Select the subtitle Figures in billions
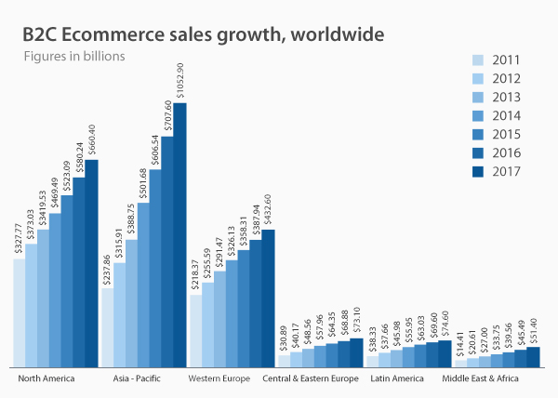(73, 57)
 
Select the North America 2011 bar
(20, 312)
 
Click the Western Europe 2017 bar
(268, 298)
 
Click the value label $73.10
(356, 321)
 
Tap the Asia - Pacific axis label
(137, 379)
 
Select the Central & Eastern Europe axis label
(312, 379)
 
